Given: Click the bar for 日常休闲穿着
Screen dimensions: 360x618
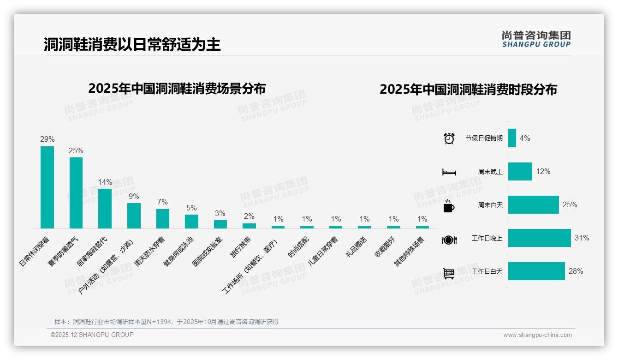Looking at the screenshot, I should [47, 187].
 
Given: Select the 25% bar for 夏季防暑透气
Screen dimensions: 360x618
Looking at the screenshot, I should [76, 192].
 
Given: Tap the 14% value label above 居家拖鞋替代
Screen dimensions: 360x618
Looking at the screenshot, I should [105, 182].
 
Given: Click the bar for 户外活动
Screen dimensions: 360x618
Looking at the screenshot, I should [134, 216].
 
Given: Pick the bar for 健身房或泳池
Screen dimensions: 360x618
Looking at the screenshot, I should [191, 222].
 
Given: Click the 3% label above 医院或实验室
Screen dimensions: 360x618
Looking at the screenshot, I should [220, 213].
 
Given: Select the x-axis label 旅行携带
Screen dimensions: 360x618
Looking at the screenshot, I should [241, 247].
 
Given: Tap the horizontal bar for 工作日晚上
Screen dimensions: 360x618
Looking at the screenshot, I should [539, 238].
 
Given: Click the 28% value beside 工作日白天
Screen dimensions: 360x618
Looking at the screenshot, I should [576, 271].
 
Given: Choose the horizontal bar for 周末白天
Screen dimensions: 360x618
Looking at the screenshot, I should [533, 204].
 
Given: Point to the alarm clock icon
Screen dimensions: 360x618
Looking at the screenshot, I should [449, 138].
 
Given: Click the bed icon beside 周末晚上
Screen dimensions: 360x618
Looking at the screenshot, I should [449, 172].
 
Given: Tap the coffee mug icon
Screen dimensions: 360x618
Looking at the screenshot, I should [449, 206].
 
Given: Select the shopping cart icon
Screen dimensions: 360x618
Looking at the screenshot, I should [449, 273].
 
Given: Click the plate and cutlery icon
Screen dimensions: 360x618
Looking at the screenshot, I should [449, 240].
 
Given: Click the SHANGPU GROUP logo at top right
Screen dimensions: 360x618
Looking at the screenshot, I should [536, 39].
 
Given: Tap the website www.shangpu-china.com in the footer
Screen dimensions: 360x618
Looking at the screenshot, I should [537, 335].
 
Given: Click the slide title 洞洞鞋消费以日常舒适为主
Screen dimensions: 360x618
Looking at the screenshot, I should [132, 44].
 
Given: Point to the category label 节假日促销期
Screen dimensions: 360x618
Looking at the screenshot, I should [484, 138].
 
